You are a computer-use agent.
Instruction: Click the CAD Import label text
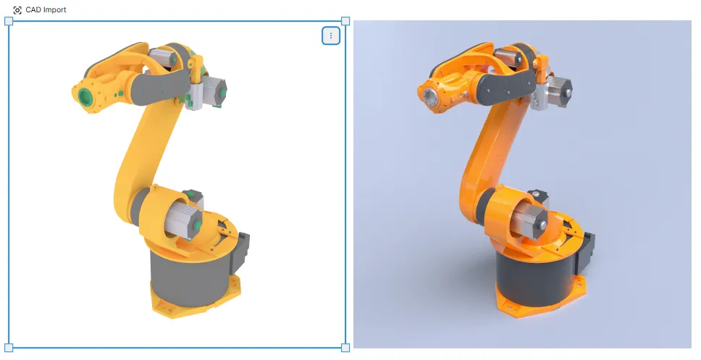point(46,10)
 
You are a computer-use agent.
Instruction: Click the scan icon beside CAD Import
point(17,10)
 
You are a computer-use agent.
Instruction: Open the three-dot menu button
point(331,35)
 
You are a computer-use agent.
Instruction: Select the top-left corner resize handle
point(9,22)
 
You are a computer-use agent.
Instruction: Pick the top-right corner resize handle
point(345,22)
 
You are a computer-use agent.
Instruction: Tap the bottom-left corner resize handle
point(9,348)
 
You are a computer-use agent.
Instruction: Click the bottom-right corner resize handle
point(345,348)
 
